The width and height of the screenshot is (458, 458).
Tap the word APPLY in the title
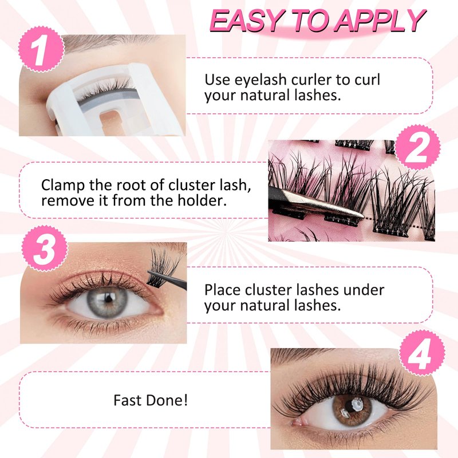380,21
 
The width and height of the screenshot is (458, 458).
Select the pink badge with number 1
41,49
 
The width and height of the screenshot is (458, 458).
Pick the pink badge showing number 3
45,249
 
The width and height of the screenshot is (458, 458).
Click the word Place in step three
223,290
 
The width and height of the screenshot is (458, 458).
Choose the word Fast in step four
128,400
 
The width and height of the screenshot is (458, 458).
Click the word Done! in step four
167,400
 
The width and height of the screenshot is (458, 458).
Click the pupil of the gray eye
109,298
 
